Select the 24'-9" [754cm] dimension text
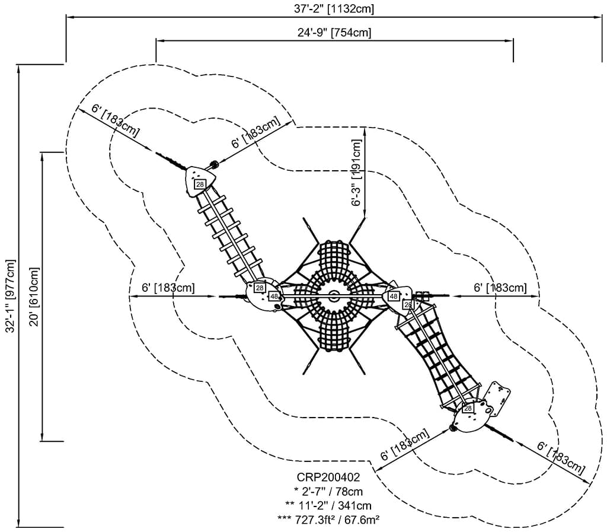pos(334,33)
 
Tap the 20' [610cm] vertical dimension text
pos(34,297)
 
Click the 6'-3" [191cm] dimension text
pos(356,173)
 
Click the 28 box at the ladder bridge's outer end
pos(200,184)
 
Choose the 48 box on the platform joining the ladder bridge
pos(274,296)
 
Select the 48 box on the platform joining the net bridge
pos(393,296)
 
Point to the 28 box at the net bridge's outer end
pos(468,409)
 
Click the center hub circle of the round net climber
pos(335,295)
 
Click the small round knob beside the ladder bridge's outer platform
pos(213,164)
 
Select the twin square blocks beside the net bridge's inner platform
pos(423,294)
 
